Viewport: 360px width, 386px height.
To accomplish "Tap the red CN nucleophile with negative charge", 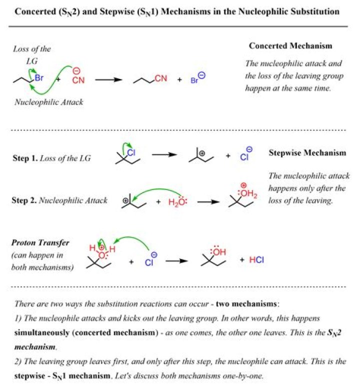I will [78, 79].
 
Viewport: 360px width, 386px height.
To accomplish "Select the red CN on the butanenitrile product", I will [160, 78].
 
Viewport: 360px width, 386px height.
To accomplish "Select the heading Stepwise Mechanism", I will [307, 153].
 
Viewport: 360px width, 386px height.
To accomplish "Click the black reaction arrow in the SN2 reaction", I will [109, 79].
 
